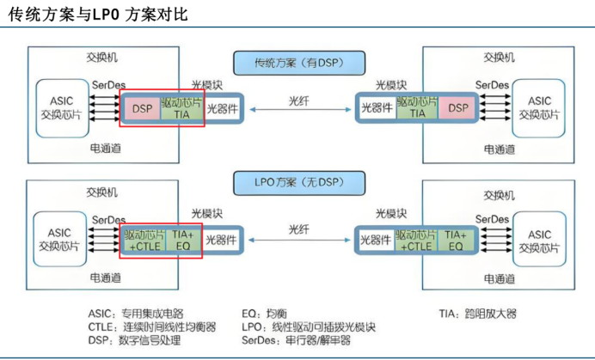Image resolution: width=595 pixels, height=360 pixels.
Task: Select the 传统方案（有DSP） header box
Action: [298, 63]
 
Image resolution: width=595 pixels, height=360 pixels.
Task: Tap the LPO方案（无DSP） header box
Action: [298, 182]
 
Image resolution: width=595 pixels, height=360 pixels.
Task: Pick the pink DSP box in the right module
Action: [458, 108]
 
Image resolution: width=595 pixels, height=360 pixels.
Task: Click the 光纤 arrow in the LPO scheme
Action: [298, 240]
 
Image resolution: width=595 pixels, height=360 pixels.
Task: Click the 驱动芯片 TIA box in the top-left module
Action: [181, 108]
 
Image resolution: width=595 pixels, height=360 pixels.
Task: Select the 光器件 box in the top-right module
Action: [376, 108]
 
